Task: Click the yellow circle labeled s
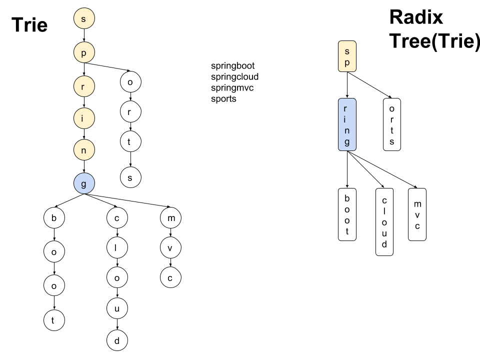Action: click(x=84, y=19)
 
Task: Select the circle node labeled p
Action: click(x=84, y=52)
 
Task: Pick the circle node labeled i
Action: click(x=84, y=118)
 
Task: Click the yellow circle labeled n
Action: click(x=84, y=150)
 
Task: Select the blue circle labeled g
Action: click(x=84, y=183)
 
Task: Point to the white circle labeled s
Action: click(x=130, y=177)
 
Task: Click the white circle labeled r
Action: click(x=130, y=112)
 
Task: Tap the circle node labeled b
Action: click(x=54, y=218)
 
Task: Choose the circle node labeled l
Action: click(x=117, y=247)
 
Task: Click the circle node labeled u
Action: click(x=117, y=308)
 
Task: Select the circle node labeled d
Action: click(x=117, y=341)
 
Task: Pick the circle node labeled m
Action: click(x=170, y=218)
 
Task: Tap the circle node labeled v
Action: click(x=170, y=247)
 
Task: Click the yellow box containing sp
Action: click(x=347, y=56)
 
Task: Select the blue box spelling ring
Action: click(x=347, y=124)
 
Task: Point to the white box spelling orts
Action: click(x=392, y=124)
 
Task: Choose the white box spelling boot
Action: click(x=347, y=214)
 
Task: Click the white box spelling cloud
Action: click(x=384, y=222)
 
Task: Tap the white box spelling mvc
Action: click(x=417, y=214)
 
